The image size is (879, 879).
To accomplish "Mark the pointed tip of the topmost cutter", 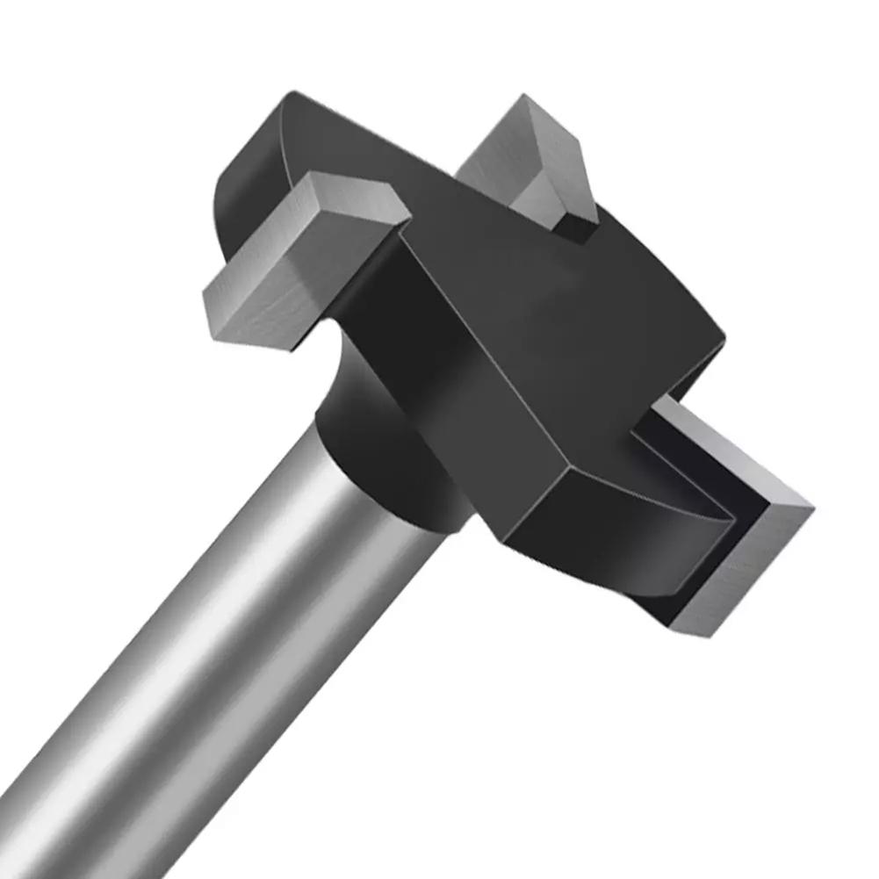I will click(524, 97).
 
